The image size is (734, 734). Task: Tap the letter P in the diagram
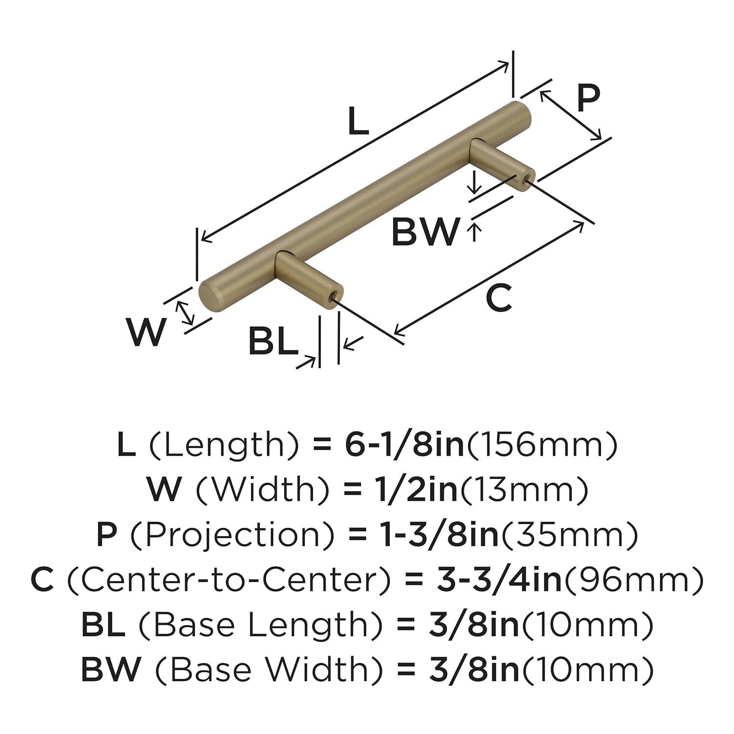click(x=587, y=99)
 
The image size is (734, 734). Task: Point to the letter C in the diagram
click(x=499, y=298)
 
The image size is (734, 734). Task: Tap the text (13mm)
click(x=523, y=490)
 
